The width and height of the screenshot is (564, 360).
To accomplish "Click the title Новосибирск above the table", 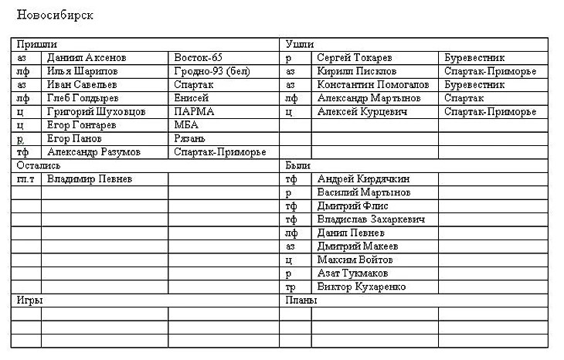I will click(55, 15).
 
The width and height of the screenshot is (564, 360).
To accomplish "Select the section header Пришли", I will click(35, 45).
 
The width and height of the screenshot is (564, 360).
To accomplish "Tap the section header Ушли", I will click(299, 45).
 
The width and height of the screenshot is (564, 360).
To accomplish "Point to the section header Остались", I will click(39, 165).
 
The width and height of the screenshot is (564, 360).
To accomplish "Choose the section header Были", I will click(297, 165).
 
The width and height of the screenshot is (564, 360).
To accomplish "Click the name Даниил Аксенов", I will click(87, 58).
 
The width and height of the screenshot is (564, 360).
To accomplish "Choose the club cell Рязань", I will click(190, 139).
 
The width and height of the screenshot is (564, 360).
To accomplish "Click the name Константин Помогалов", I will click(373, 85).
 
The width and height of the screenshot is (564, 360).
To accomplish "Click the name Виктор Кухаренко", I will click(362, 287).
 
